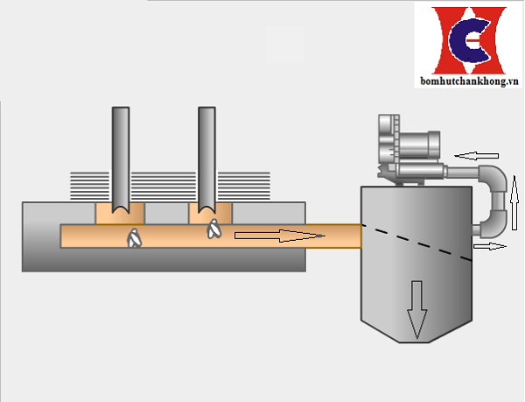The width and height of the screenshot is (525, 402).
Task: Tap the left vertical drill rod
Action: (121, 158)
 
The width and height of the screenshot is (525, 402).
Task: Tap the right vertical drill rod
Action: (207, 158)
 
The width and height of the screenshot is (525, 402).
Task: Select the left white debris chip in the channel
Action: (134, 238)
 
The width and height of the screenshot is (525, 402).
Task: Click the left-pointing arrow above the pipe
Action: (478, 156)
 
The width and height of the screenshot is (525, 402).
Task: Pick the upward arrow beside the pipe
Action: (515, 198)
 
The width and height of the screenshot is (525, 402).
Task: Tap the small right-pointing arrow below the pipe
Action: (491, 247)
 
